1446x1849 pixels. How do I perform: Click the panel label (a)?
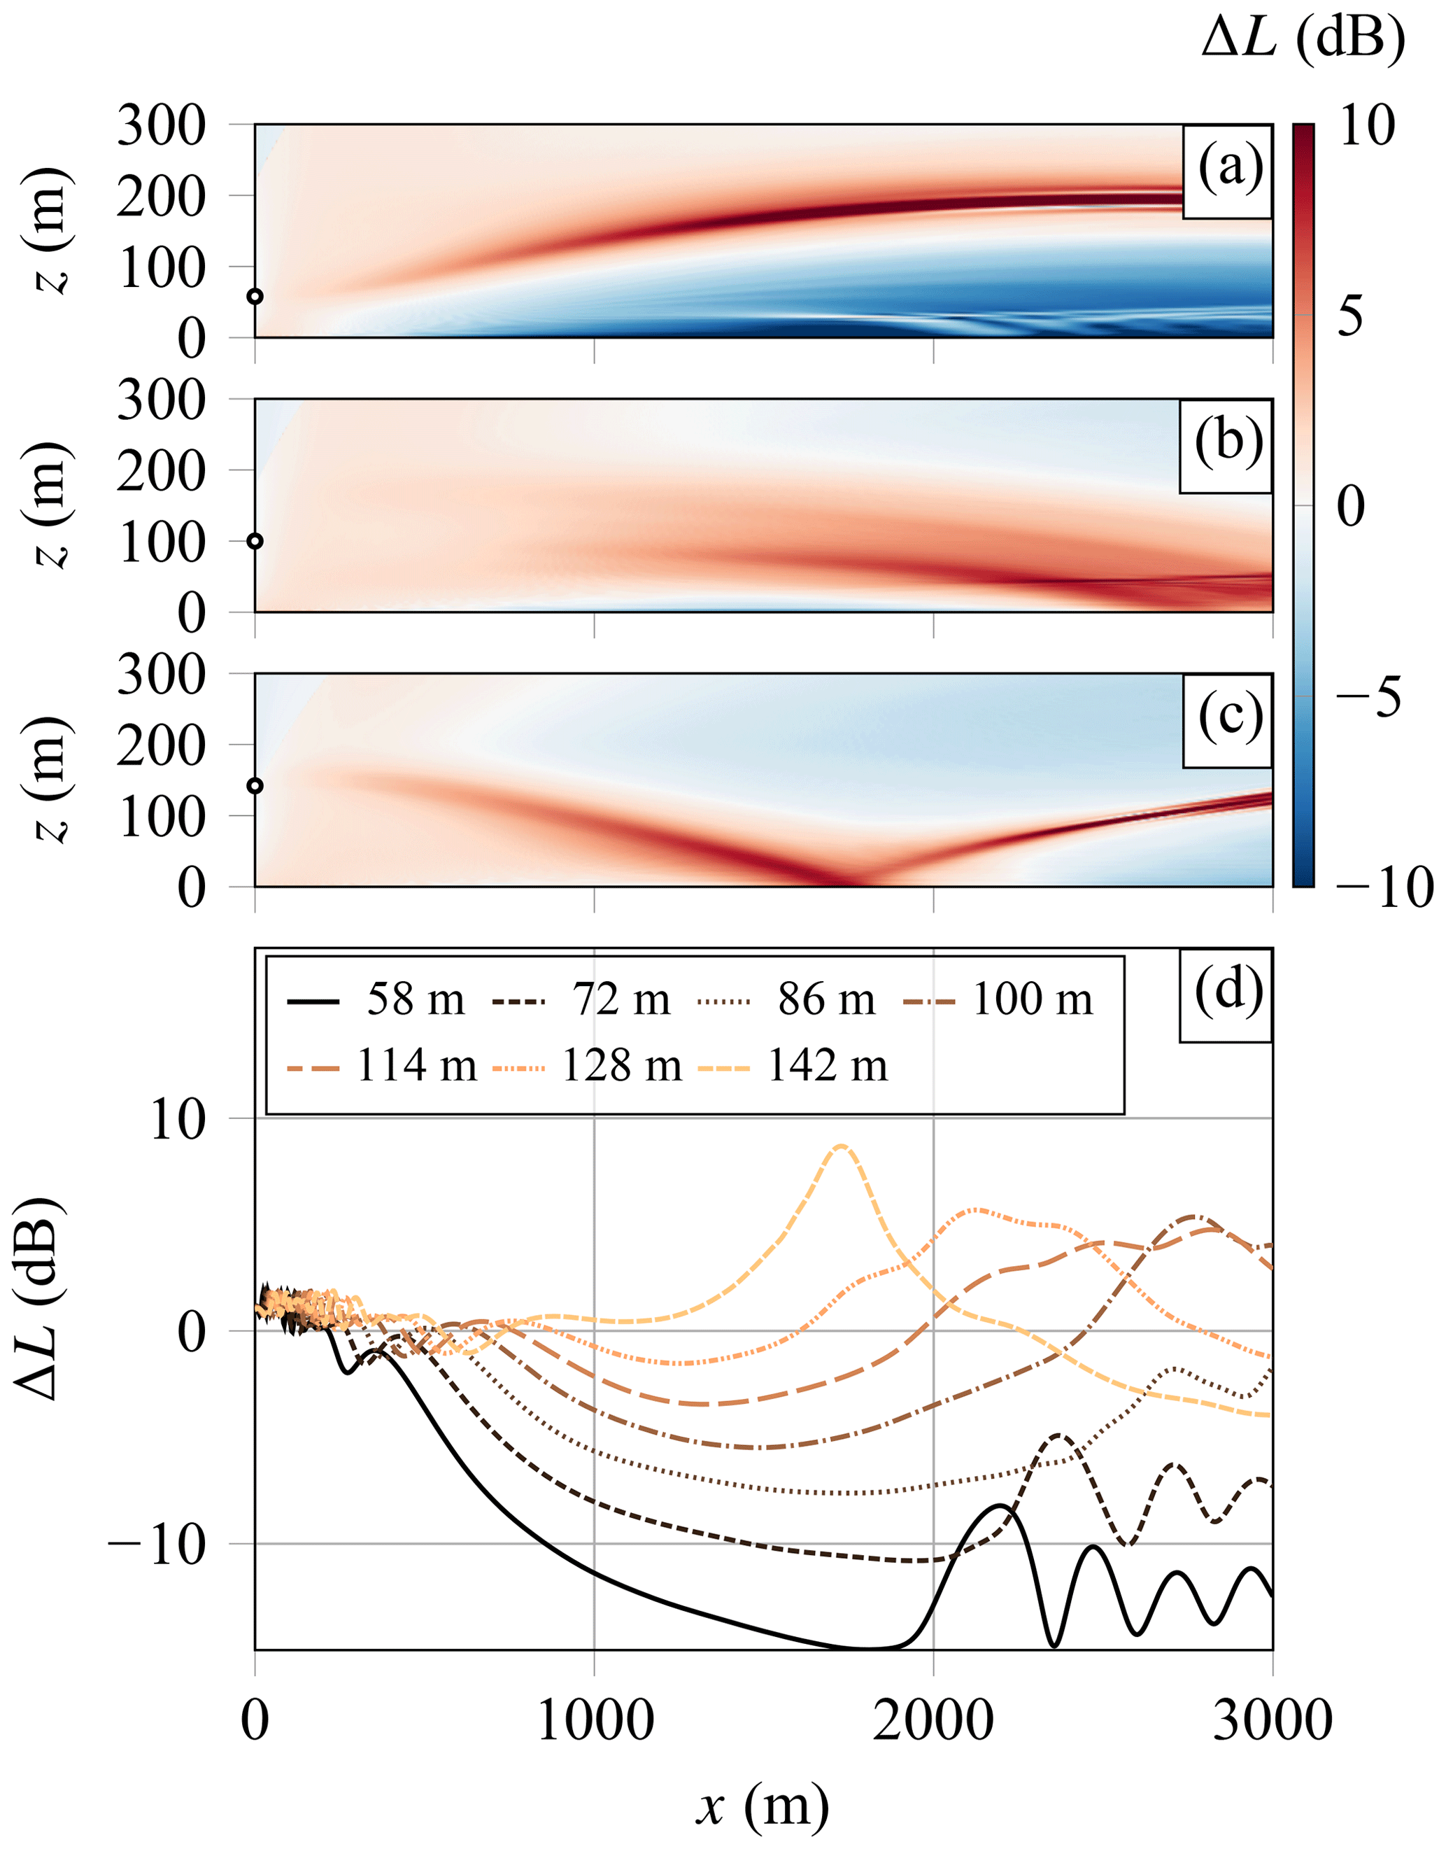click(x=1229, y=169)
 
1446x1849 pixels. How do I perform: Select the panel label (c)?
click(x=1229, y=718)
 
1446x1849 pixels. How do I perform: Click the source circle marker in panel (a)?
click(x=255, y=297)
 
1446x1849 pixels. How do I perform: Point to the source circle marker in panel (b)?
click(x=255, y=541)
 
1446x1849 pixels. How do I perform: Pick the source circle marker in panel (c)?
click(x=255, y=786)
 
